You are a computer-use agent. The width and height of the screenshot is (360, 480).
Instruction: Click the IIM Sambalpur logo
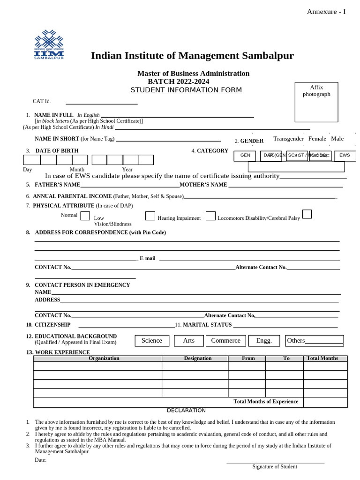[49, 45]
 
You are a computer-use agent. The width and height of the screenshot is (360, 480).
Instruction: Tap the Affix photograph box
[316, 102]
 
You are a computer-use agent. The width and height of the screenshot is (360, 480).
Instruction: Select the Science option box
[152, 341]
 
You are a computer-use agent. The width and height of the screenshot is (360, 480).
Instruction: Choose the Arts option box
[188, 341]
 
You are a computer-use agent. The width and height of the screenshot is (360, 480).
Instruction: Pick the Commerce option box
[225, 341]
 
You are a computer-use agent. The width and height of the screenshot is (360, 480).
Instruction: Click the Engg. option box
[264, 341]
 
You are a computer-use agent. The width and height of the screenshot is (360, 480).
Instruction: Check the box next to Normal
[85, 216]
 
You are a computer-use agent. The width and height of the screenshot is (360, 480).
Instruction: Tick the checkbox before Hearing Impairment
[150, 216]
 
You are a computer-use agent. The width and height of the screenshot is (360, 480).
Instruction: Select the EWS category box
[345, 155]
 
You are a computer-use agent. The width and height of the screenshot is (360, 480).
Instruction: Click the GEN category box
[245, 155]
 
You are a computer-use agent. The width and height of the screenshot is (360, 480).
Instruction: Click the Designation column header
[198, 358]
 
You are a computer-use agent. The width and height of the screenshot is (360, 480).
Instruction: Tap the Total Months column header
[322, 358]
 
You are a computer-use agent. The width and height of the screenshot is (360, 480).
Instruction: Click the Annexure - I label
[326, 12]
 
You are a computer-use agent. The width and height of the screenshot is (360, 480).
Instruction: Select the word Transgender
[288, 139]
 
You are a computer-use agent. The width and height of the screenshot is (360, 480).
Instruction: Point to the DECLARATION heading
[186, 411]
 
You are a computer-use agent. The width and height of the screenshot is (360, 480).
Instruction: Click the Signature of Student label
[275, 466]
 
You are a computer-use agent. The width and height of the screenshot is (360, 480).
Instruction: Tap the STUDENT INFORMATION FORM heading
[186, 90]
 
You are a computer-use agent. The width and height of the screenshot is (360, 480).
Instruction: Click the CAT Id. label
[42, 101]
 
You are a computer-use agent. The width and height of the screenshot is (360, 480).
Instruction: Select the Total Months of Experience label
[266, 402]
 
